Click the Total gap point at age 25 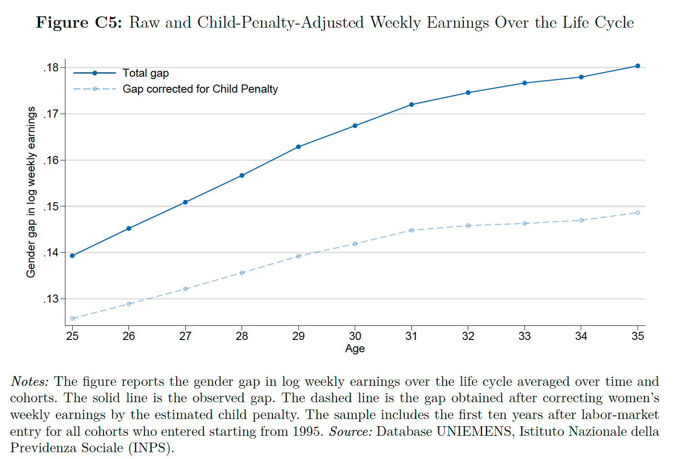[72, 256]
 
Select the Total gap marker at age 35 [638, 66]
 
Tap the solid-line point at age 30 [355, 126]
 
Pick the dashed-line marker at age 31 [411, 230]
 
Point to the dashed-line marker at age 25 [72, 319]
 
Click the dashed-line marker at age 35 [638, 213]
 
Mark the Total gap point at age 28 [242, 175]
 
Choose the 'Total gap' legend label [145, 73]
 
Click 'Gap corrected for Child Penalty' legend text [200, 89]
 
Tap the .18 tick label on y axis [51, 68]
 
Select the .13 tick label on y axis [51, 299]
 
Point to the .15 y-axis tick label [51, 206]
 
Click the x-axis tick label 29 [298, 336]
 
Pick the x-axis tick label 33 [525, 336]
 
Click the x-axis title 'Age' [355, 349]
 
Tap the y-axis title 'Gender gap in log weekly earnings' [31, 192]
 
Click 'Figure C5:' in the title [79, 22]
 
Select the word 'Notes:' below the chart [30, 382]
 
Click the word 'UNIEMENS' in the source [474, 431]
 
